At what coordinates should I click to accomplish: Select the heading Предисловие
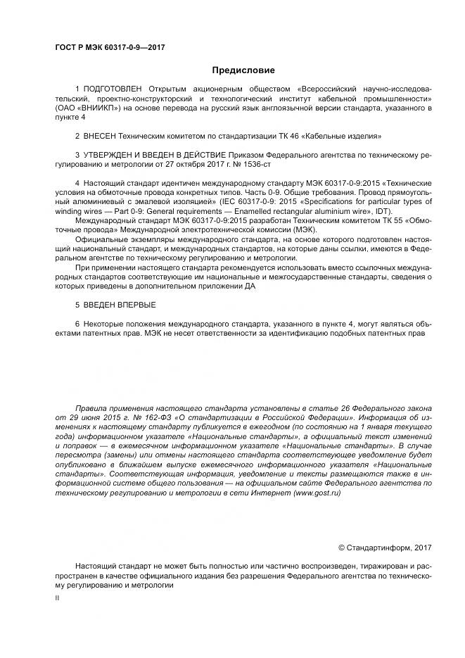(x=243, y=70)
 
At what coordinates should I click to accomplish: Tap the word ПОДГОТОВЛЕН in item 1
(x=111, y=89)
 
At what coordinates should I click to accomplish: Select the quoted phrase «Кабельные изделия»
(x=348, y=134)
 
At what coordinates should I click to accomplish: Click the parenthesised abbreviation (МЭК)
(x=303, y=229)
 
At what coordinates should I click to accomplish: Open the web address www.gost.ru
(x=317, y=493)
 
